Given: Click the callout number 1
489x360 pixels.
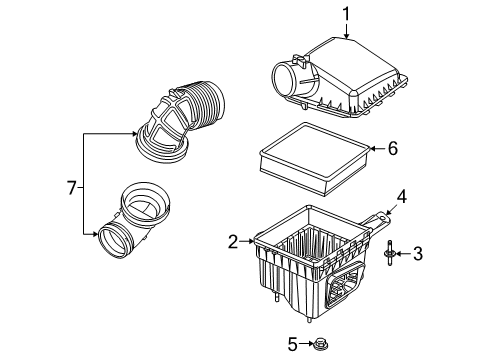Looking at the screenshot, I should click(x=345, y=14).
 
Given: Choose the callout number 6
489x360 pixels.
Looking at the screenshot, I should click(x=393, y=149).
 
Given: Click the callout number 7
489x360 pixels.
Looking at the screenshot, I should click(x=71, y=187).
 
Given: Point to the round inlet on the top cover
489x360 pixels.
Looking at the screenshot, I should click(x=284, y=76).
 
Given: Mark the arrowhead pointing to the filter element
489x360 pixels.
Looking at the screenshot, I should click(x=371, y=149).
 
